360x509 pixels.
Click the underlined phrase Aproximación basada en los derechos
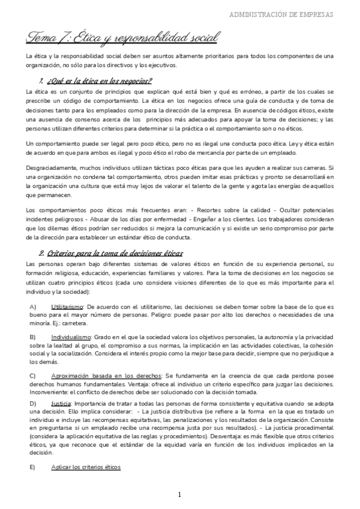tap(107, 375)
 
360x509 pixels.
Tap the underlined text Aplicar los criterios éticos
tap(86, 466)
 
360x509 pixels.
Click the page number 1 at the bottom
tap(179, 495)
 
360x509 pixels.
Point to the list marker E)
tap(33, 466)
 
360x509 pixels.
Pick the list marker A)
tap(33, 306)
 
